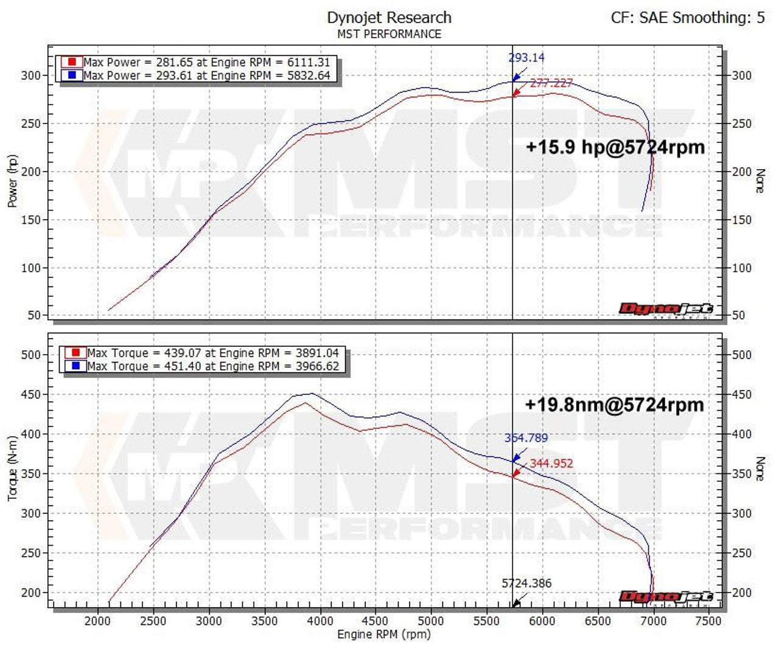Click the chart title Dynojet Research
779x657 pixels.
[389, 18]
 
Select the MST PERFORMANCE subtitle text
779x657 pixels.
[389, 34]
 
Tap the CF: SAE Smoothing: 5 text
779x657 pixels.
[688, 18]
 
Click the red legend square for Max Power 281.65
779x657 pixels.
[72, 62]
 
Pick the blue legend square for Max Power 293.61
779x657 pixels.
[72, 75]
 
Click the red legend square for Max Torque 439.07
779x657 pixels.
[75, 353]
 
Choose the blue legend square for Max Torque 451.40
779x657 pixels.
[75, 366]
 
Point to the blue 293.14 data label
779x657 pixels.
[526, 58]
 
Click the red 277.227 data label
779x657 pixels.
[551, 83]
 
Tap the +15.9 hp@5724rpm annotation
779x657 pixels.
[615, 147]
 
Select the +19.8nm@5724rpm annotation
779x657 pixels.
[614, 405]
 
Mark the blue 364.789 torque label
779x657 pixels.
[526, 438]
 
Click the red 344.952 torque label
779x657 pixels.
[551, 464]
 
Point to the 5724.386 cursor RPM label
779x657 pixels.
[526, 583]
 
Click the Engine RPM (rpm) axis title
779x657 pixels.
[384, 634]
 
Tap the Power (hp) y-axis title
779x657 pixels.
[12, 181]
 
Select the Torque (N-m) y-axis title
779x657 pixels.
[12, 468]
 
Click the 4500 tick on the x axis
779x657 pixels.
[375, 621]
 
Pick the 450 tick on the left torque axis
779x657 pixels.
[30, 395]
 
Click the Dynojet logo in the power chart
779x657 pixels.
[665, 310]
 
